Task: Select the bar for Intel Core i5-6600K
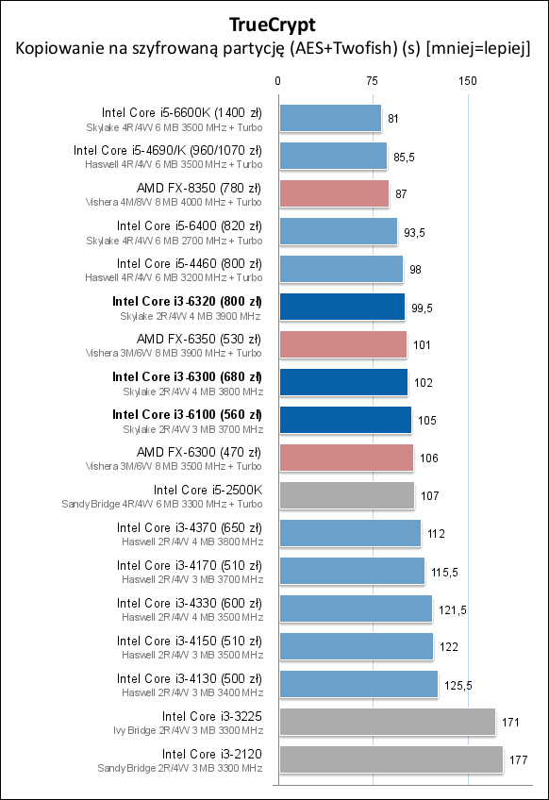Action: (x=329, y=118)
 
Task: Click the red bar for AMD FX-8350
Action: (x=333, y=193)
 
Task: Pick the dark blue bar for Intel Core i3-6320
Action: (x=341, y=307)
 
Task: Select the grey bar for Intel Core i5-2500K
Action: (x=346, y=495)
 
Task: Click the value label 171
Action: (x=511, y=722)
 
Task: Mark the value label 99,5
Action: (x=421, y=307)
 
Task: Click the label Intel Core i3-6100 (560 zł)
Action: (x=187, y=414)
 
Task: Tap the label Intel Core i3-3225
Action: (x=211, y=716)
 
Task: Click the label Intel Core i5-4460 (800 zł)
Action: (x=189, y=263)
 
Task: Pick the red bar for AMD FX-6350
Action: (x=341, y=344)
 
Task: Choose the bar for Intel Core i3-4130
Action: (x=358, y=684)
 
